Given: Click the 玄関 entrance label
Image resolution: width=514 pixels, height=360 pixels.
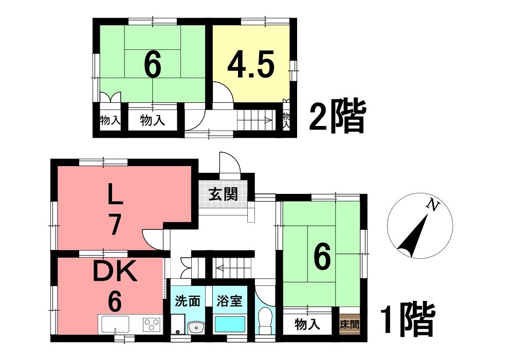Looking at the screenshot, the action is pyautogui.click(x=224, y=195).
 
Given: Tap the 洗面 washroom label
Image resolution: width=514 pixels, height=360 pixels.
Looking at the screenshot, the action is pyautogui.click(x=188, y=301).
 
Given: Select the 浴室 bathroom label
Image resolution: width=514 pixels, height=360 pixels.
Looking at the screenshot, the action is pyautogui.click(x=229, y=301).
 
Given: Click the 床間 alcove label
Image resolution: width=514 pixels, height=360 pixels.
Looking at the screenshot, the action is pyautogui.click(x=350, y=325).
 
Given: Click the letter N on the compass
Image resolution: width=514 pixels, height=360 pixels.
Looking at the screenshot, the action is pyautogui.click(x=433, y=206).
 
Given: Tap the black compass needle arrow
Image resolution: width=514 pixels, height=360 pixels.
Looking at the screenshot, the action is pyautogui.click(x=413, y=236).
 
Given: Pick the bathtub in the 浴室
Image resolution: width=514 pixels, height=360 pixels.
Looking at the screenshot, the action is pyautogui.click(x=230, y=324).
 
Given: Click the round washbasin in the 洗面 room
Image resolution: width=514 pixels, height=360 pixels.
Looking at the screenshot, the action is pyautogui.click(x=196, y=327).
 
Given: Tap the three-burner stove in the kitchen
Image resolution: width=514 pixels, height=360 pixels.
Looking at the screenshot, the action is pyautogui.click(x=152, y=325).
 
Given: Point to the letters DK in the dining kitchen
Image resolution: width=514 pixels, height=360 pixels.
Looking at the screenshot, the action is pyautogui.click(x=115, y=272).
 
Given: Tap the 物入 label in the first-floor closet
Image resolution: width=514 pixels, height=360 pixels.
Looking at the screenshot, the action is pyautogui.click(x=307, y=325).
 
